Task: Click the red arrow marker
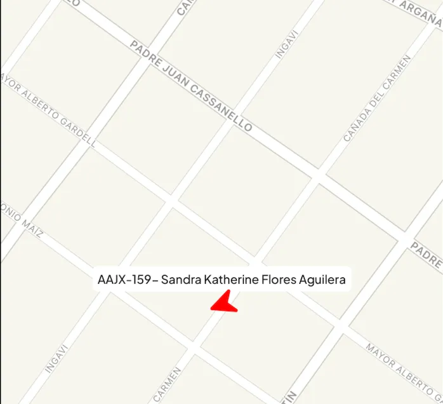tap(223, 302)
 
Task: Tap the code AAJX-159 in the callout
tap(124, 279)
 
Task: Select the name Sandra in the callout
tap(180, 279)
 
